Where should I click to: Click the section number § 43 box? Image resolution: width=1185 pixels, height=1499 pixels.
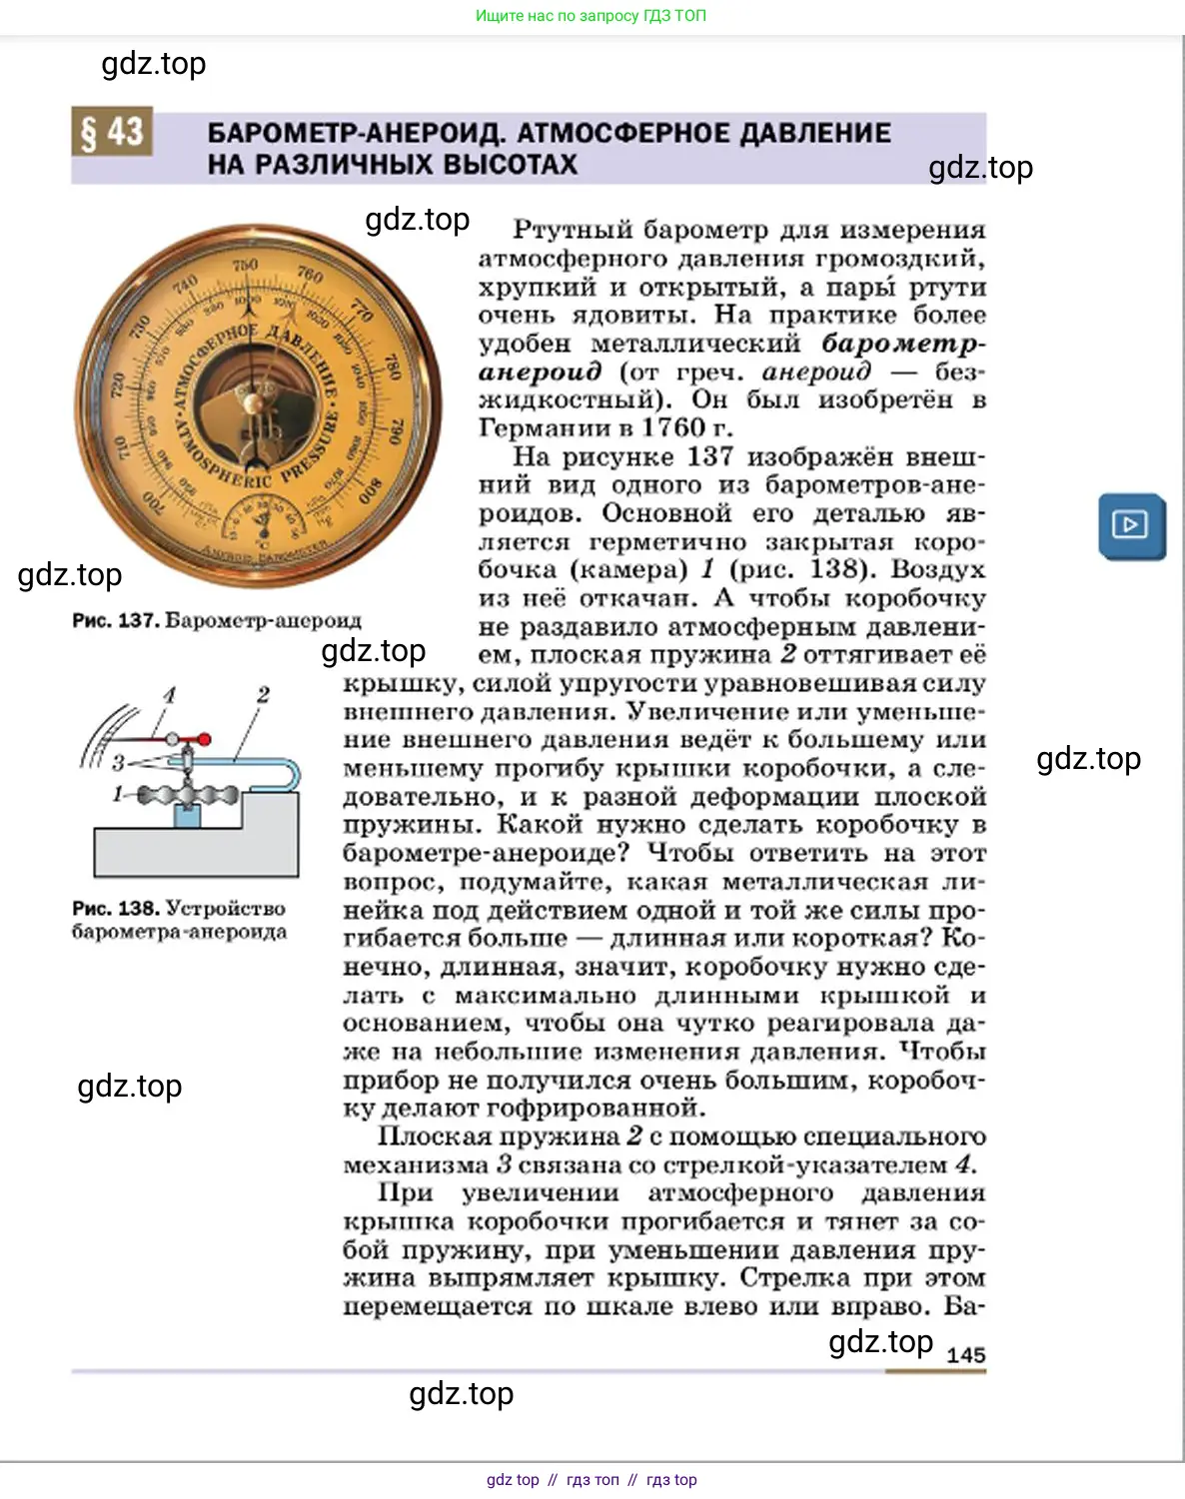coord(112,132)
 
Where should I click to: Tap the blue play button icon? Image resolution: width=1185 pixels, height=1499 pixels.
coord(1131,525)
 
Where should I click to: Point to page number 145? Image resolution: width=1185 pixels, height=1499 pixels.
coord(965,1355)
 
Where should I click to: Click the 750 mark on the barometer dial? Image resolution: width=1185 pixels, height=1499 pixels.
coord(245,265)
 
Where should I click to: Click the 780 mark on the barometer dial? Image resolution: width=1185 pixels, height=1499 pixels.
coord(392,368)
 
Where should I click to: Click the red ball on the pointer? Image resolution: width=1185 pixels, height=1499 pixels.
coord(204,740)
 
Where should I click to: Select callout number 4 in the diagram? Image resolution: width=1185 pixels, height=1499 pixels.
coord(169,695)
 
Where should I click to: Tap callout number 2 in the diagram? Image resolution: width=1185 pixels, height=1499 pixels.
coord(263,695)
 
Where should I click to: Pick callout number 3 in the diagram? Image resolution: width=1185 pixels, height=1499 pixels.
coord(118,763)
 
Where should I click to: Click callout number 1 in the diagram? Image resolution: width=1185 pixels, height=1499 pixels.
coord(118,795)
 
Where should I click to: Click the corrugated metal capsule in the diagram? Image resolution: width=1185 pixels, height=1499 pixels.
coord(188,795)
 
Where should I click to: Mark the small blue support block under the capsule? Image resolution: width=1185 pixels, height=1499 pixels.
coord(187,816)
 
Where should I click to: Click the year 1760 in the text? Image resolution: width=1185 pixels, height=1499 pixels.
coord(673,427)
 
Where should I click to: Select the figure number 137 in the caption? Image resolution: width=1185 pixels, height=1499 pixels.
coord(137,620)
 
